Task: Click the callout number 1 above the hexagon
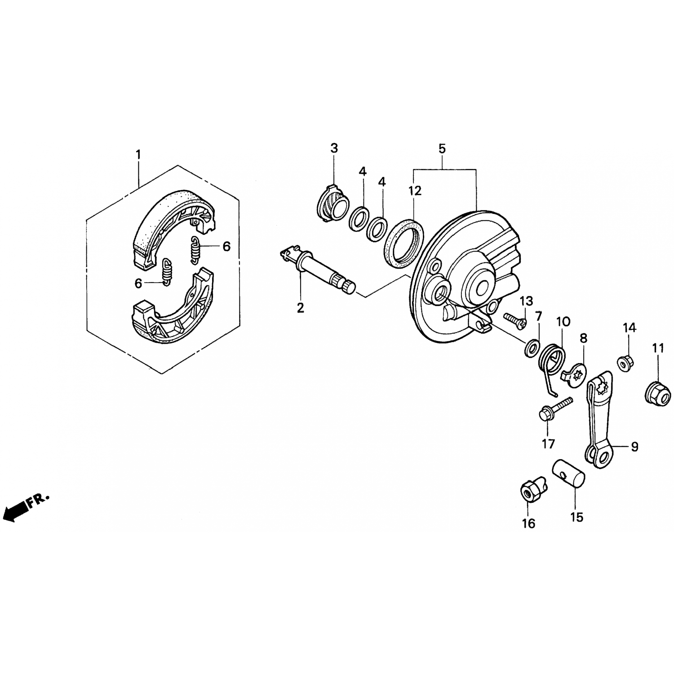pos(138,155)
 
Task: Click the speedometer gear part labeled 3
pos(333,201)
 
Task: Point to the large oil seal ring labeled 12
pos(404,244)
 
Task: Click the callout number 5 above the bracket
pos(442,148)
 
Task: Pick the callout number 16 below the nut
pos(529,524)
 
